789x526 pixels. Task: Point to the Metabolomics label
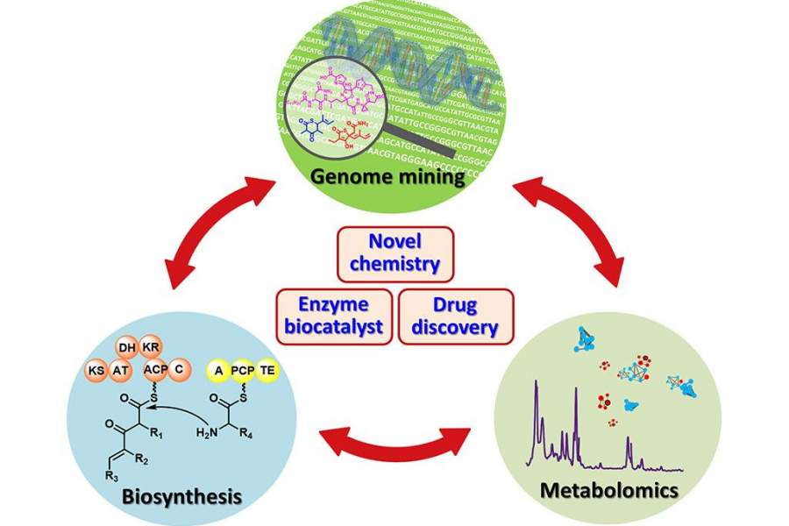(x=609, y=488)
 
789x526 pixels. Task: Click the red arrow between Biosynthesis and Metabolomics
(x=394, y=436)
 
